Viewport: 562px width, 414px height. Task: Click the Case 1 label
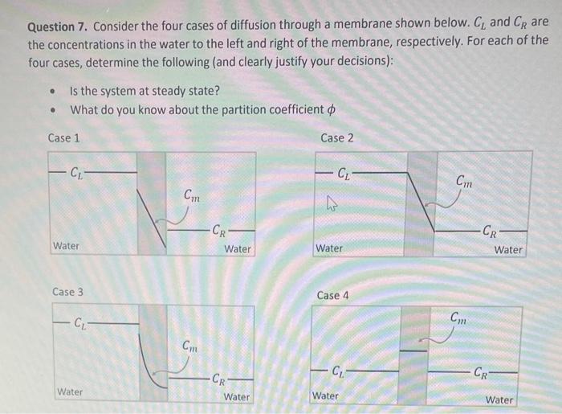click(x=64, y=137)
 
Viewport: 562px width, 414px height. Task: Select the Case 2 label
click(x=337, y=137)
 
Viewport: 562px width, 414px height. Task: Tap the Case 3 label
click(x=67, y=292)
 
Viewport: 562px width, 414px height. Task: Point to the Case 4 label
click(x=333, y=295)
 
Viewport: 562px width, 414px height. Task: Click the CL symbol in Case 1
click(x=75, y=171)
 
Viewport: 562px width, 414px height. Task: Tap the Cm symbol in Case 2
click(x=464, y=182)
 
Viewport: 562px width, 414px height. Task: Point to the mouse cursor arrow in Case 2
click(x=329, y=207)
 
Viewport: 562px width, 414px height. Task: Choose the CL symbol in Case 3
click(x=81, y=324)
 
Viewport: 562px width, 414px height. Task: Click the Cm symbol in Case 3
click(x=190, y=347)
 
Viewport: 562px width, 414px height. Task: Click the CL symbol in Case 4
click(x=341, y=371)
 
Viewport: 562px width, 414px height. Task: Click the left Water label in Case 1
click(x=66, y=245)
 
